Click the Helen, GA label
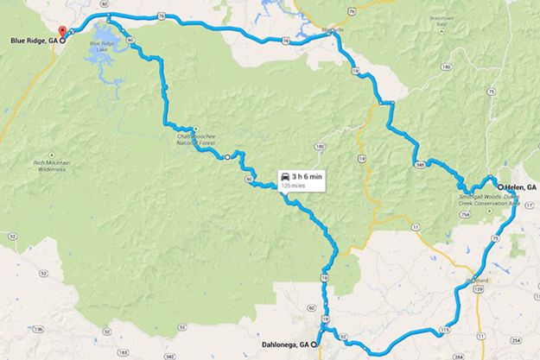coord(520,186)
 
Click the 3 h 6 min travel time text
coord(308,176)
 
